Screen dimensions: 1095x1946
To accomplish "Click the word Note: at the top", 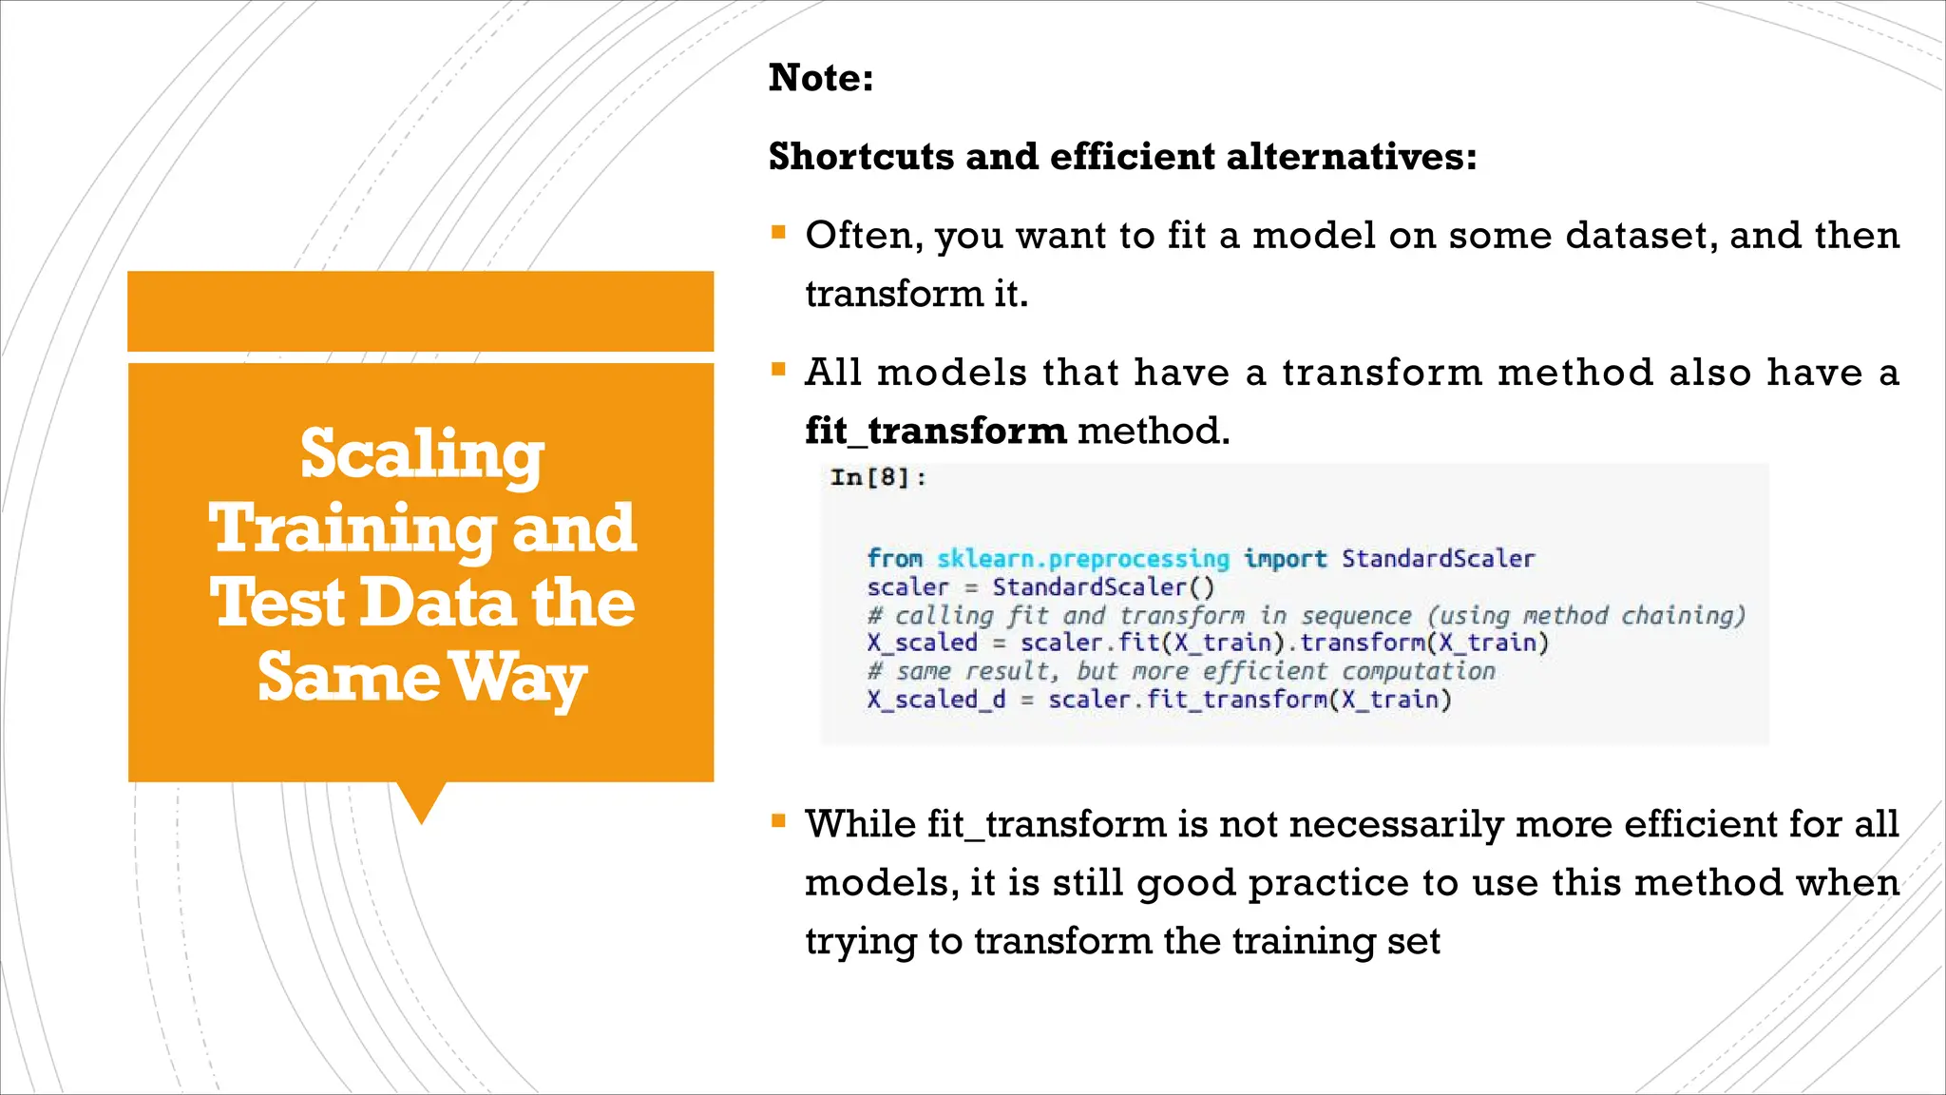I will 820,77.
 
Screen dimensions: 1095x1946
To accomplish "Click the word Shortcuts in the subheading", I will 861,156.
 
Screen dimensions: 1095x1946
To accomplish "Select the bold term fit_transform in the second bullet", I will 935,432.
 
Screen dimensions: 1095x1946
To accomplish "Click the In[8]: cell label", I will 877,477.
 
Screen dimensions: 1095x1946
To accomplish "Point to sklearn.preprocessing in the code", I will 1082,559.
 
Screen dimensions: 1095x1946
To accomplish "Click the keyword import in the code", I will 1285,559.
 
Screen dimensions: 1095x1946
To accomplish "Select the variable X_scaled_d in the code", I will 936,701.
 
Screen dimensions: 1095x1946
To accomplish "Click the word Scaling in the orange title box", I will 422,453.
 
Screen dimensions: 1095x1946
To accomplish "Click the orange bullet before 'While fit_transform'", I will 779,820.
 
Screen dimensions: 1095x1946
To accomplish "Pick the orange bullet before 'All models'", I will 779,369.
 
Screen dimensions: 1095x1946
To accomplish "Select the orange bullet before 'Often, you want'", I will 779,232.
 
